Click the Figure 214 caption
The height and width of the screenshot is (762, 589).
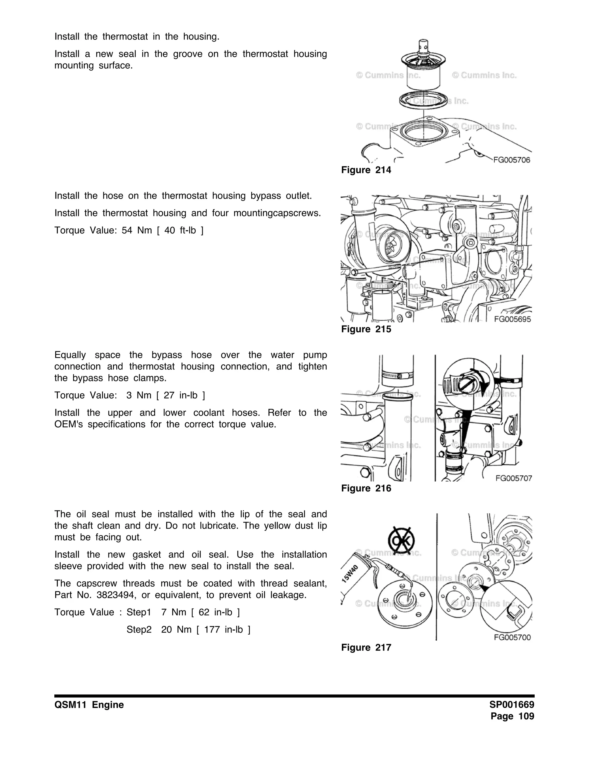tap(366, 170)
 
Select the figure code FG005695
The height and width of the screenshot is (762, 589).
tap(512, 319)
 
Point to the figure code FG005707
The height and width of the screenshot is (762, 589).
tap(513, 478)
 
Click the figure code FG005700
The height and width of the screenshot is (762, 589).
tap(512, 637)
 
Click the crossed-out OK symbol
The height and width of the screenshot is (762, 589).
tap(401, 541)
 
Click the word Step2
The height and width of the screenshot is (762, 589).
tap(139, 630)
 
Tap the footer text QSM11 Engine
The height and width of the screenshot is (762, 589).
tap(89, 705)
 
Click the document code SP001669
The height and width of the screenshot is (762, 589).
tap(512, 705)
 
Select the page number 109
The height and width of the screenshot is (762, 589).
tap(526, 716)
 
